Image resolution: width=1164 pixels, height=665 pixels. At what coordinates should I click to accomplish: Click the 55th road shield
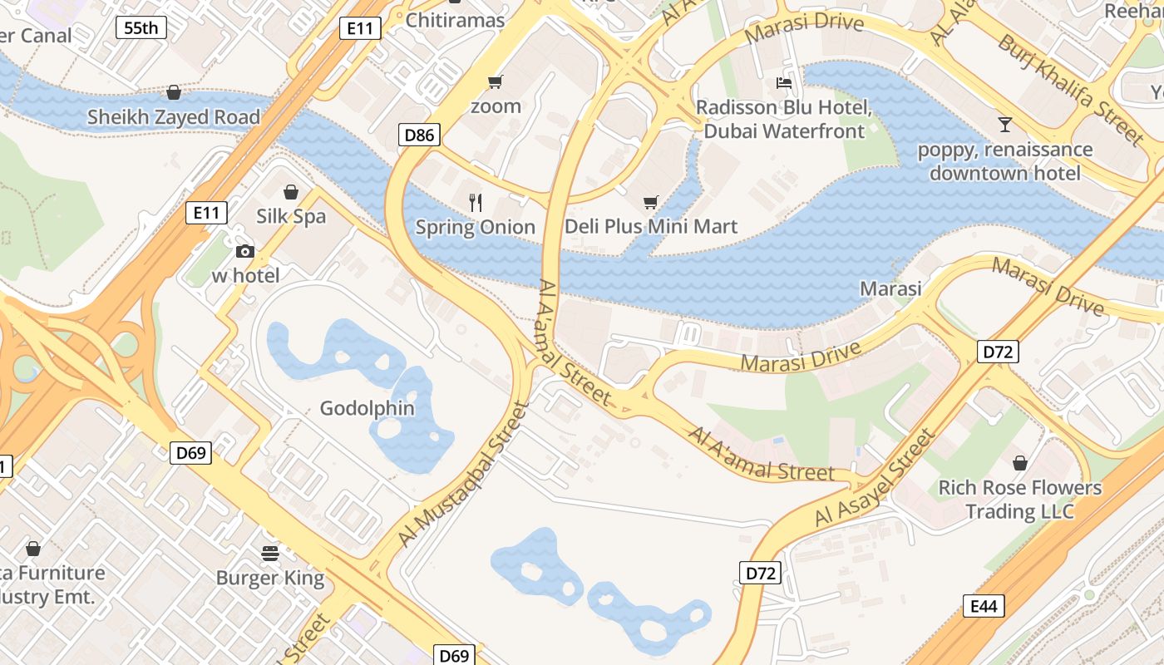coord(141,27)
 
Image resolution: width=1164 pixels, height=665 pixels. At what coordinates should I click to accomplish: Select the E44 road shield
coord(984,606)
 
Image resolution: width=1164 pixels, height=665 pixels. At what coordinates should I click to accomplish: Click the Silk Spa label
coord(291,217)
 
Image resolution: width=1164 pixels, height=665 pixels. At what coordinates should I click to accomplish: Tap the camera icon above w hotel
coord(245,251)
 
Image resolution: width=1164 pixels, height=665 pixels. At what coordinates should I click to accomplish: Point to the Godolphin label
coord(367,408)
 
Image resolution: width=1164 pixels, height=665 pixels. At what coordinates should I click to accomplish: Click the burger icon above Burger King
coord(270,552)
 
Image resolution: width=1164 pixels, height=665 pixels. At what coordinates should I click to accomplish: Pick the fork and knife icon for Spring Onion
coord(476,202)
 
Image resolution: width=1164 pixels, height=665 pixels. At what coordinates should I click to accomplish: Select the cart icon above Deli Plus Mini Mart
coord(651,202)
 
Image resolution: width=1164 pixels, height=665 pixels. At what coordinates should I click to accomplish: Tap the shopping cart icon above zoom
coord(496,81)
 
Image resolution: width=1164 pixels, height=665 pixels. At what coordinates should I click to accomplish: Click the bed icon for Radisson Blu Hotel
coord(784,82)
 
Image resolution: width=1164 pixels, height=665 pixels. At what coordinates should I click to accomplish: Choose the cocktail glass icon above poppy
coord(1005,125)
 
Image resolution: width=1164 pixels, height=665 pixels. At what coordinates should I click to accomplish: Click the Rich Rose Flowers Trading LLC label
coord(1020,500)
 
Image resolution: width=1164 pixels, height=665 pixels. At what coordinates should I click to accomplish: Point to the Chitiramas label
coord(455,20)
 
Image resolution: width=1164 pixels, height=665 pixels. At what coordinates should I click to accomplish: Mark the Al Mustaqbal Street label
coord(464,475)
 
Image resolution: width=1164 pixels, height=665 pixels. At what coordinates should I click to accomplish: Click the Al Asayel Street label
coord(875,478)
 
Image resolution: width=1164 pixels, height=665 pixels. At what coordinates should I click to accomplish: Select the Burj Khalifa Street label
coord(1071,89)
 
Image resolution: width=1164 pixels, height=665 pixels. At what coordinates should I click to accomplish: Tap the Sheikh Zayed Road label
coord(174,117)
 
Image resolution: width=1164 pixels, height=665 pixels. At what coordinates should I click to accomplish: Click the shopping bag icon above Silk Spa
coord(291,192)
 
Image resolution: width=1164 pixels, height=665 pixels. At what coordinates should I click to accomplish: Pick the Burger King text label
coord(270,578)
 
